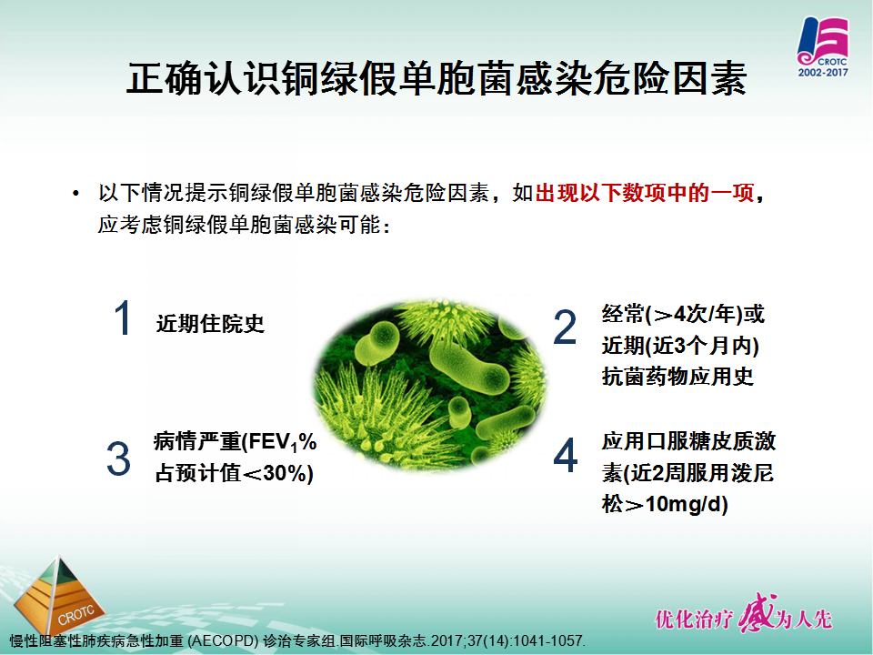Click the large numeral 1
click(123, 317)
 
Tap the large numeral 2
click(565, 327)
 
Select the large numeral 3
click(118, 458)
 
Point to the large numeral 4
click(565, 455)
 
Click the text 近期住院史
click(210, 323)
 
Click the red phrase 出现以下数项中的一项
click(645, 193)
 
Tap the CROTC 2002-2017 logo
click(823, 46)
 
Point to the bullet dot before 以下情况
click(75, 194)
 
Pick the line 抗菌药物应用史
click(677, 377)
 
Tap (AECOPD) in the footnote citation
click(224, 641)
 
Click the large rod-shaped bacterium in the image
click(469, 368)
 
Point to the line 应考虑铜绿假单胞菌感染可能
click(244, 225)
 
